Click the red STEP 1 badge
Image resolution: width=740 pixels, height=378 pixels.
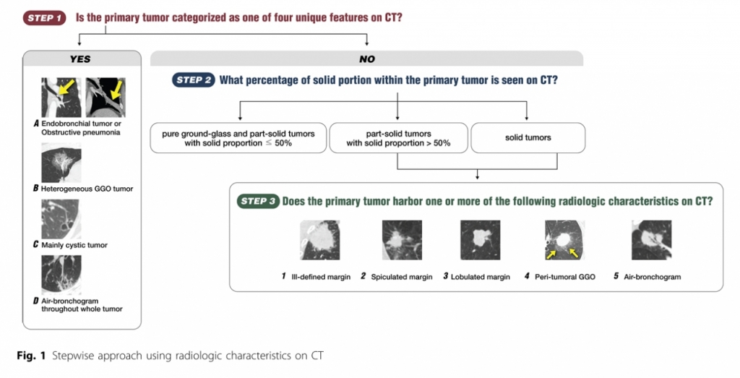coord(44,18)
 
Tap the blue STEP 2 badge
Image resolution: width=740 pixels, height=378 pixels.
coord(194,80)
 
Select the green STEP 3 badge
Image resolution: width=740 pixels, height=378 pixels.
coord(258,201)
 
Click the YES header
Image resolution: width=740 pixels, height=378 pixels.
coord(80,59)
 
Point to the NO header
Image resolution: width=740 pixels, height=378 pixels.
coord(366,59)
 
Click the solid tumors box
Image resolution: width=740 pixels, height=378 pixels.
coord(528,138)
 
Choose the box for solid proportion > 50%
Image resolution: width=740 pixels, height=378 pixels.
coord(398,138)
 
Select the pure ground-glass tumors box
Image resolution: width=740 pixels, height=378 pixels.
coord(238,138)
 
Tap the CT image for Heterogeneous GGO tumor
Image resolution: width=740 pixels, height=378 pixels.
coord(61,163)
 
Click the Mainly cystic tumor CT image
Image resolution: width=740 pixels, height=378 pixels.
coord(61,219)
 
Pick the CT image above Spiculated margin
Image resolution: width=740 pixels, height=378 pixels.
coord(402,240)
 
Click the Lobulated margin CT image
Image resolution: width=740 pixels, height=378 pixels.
coord(480,240)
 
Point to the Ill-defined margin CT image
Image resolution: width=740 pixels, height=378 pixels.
coord(320,240)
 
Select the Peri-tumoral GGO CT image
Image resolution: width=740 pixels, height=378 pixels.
coord(565,240)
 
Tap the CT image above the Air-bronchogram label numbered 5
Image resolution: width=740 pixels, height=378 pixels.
coord(651,240)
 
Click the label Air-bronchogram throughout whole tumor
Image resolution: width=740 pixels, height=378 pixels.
coord(82,305)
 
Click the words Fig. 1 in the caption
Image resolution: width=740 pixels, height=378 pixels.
coord(31,356)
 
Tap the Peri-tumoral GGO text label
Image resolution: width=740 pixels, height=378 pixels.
coord(565,277)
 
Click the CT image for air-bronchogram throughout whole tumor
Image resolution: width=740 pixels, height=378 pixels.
coord(61,275)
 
